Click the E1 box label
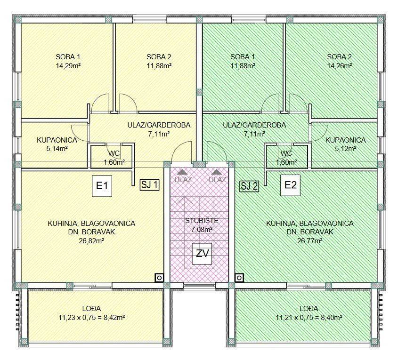pos(102,186)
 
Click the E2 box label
pos(291,185)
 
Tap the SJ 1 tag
pos(149,185)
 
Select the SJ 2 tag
pos(249,186)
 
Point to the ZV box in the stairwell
pos(202,254)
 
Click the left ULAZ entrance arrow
pos(183,172)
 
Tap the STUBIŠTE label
pos(202,221)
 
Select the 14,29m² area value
pos(68,66)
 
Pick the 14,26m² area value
pos(339,66)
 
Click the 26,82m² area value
pos(91,241)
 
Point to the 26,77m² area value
pos(309,241)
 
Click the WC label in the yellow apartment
pos(114,153)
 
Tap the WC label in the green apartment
pos(286,153)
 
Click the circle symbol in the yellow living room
pos(159,278)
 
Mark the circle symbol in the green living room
pos(239,278)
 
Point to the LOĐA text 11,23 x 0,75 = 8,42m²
pos(92,317)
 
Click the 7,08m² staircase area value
pos(202,229)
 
